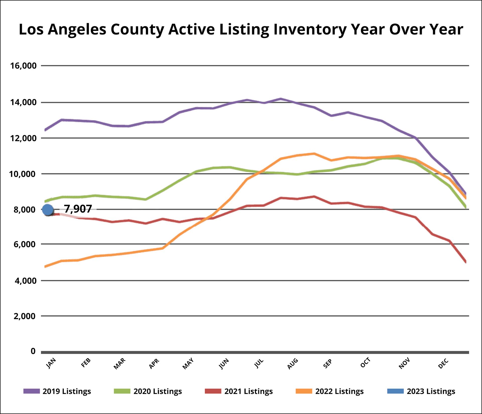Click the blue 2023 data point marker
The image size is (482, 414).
pyautogui.click(x=48, y=210)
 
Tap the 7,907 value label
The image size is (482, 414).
pyautogui.click(x=78, y=209)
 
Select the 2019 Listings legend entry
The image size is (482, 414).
pyautogui.click(x=57, y=391)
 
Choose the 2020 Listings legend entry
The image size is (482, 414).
pyautogui.click(x=148, y=391)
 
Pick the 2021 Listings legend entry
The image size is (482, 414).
pyautogui.click(x=239, y=391)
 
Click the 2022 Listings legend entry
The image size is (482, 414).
pyautogui.click(x=330, y=391)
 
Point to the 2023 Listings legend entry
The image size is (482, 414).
pyautogui.click(x=421, y=391)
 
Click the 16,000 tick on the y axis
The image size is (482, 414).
pyautogui.click(x=23, y=66)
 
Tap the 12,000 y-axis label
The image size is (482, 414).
pyautogui.click(x=23, y=138)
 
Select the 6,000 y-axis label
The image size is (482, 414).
pyautogui.click(x=25, y=244)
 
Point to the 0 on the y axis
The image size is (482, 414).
pyautogui.click(x=33, y=351)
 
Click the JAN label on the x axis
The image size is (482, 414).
pyautogui.click(x=51, y=363)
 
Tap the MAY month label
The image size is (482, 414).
pyautogui.click(x=188, y=364)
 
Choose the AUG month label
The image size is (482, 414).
pyautogui.click(x=293, y=364)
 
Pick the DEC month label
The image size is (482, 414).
pyautogui.click(x=443, y=364)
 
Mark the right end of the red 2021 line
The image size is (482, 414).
pyautogui.click(x=466, y=262)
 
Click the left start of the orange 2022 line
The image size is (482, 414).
pyautogui.click(x=45, y=266)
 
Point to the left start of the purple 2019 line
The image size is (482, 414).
pyautogui.click(x=45, y=130)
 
